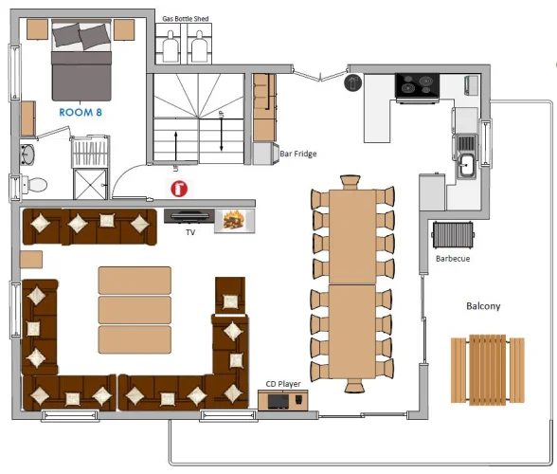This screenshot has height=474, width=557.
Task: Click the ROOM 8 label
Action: tap(81, 113)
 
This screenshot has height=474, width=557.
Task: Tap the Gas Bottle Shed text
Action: tap(185, 19)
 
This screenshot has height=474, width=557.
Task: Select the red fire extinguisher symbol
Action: tap(179, 189)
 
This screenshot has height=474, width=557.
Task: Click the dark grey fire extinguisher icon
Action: tap(352, 82)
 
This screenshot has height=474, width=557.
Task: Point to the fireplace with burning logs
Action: tap(235, 221)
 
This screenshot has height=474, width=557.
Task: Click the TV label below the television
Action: tap(190, 232)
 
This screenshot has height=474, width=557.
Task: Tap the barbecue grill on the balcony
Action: tap(453, 235)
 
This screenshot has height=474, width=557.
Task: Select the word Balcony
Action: tap(483, 306)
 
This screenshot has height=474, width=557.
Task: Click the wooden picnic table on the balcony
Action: tap(488, 370)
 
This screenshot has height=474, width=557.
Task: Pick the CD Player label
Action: tap(283, 384)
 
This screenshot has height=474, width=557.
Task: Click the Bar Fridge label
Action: tap(298, 154)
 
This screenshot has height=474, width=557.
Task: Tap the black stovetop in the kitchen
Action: tap(417, 85)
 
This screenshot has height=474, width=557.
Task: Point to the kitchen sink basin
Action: tap(466, 165)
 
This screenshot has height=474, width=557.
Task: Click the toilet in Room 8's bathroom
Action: tap(34, 185)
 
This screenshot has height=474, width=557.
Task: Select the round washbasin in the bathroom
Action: tap(27, 155)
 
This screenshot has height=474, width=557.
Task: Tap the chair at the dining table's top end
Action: tap(350, 182)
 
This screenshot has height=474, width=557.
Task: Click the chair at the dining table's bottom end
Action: tap(353, 386)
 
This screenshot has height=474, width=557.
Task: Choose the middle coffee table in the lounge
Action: tap(135, 310)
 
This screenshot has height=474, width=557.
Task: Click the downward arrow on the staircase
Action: tap(222, 134)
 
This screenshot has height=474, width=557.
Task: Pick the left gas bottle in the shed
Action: tap(171, 47)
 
